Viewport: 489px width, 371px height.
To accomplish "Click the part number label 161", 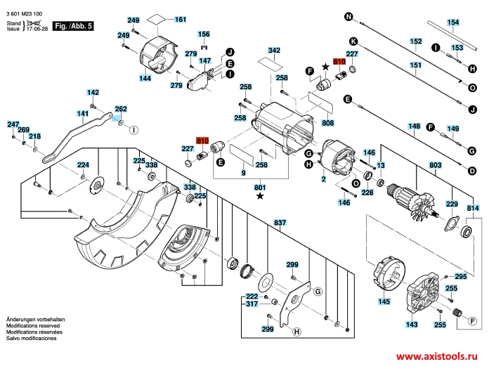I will pyautogui.click(x=181, y=20).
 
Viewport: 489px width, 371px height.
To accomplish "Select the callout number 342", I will pyautogui.click(x=274, y=51).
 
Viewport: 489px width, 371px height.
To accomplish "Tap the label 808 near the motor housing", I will pyautogui.click(x=327, y=124).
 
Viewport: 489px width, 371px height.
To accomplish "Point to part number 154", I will pyautogui.click(x=453, y=22).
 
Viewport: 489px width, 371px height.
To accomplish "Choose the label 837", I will pyautogui.click(x=280, y=223).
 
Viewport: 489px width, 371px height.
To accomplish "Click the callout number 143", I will pyautogui.click(x=411, y=325).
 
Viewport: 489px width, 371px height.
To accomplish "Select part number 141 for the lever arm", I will pyautogui.click(x=83, y=113).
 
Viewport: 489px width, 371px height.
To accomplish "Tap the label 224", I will pyautogui.click(x=83, y=164).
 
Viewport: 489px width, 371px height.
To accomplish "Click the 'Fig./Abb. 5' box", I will pyautogui.click(x=74, y=26).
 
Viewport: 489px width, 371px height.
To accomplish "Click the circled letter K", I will pyautogui.click(x=353, y=41).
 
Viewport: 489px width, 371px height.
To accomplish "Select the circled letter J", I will pyautogui.click(x=230, y=52).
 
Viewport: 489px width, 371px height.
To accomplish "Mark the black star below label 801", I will pyautogui.click(x=261, y=197).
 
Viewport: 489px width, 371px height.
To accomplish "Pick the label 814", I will pyautogui.click(x=473, y=208).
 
